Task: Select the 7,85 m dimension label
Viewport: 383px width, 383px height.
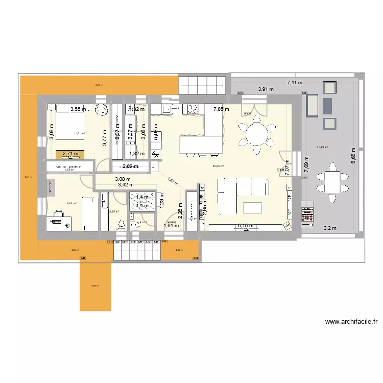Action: click(221, 109)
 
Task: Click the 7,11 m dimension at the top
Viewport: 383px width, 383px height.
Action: click(294, 82)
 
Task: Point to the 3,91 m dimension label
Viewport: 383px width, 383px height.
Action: click(266, 89)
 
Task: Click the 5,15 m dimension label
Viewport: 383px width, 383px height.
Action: click(246, 225)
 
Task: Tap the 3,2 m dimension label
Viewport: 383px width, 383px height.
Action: click(329, 229)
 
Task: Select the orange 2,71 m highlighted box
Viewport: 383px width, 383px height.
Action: click(70, 153)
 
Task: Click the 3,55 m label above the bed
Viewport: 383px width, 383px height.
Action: click(78, 109)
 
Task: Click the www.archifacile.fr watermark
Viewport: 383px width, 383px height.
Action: click(351, 322)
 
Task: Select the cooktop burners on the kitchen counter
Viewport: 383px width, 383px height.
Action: click(194, 109)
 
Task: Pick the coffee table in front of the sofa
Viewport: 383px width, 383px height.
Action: click(253, 207)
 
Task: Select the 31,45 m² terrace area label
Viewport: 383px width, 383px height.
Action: click(322, 148)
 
